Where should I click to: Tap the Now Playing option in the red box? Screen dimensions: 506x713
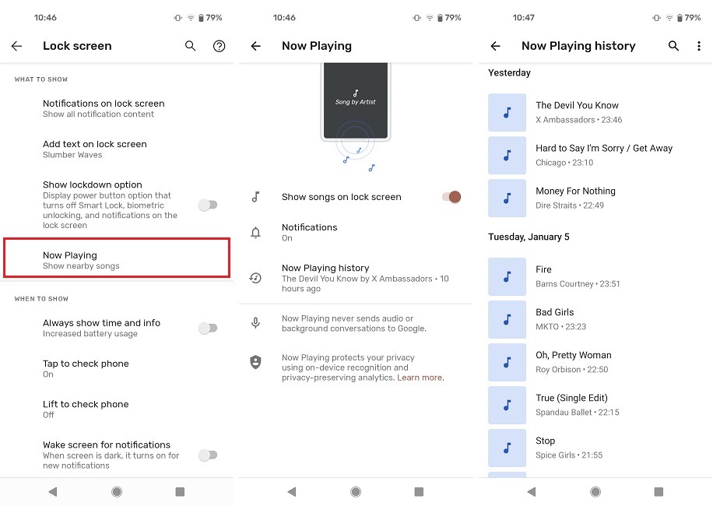coord(117,259)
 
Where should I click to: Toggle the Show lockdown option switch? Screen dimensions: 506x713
coord(208,205)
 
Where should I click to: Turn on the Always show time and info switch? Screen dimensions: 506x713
coord(208,329)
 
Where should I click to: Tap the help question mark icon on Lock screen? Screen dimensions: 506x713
coord(220,47)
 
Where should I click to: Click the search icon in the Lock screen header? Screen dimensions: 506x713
coord(191,47)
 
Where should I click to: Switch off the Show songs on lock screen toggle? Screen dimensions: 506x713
coord(452,197)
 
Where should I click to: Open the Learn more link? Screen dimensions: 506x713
coord(420,378)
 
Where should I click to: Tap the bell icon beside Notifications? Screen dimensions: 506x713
coord(255,232)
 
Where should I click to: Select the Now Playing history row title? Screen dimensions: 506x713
coord(325,268)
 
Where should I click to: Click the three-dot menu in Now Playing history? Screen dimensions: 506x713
coord(699,47)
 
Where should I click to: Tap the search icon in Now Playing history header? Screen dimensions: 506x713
coord(674,47)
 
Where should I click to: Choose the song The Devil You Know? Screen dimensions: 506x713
coord(577,106)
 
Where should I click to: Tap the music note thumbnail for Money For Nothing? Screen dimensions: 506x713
coord(507,198)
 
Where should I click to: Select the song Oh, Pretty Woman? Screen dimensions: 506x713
coord(573,356)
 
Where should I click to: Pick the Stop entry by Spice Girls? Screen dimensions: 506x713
coord(546,441)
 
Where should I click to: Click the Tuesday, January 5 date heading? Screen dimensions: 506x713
coord(529,237)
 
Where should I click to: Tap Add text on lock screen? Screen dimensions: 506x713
coord(94,145)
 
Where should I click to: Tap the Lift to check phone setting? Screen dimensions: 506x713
coord(86,405)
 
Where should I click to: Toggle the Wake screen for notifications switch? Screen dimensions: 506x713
coord(208,455)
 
